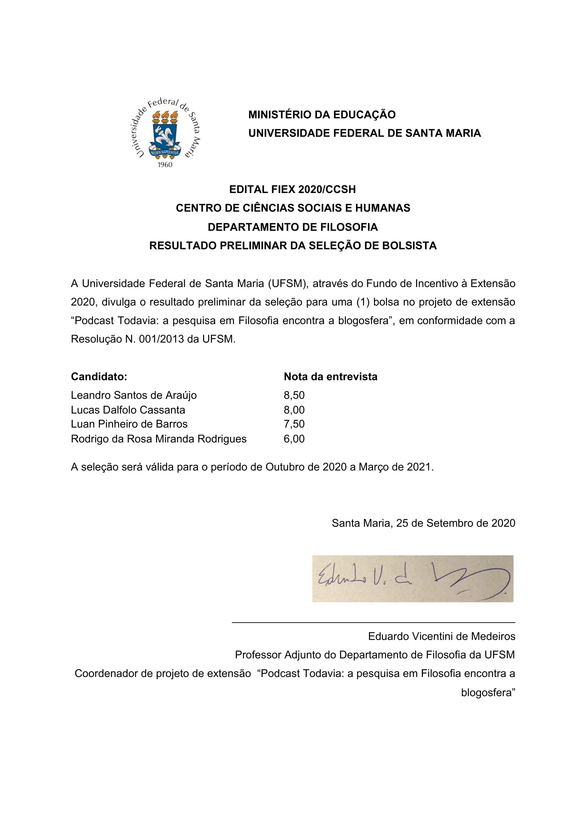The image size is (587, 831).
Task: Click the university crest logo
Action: tap(165, 132)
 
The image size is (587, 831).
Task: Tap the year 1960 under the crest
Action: tap(165, 165)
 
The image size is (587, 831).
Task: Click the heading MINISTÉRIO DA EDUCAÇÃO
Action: tap(322, 115)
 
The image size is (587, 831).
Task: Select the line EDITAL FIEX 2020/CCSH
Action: tap(292, 189)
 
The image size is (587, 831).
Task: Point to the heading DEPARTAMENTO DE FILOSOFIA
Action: tap(292, 227)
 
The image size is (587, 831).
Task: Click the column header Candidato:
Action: tap(99, 377)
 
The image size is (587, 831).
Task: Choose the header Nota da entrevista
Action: tap(330, 377)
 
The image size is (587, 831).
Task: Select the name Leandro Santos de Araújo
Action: tap(134, 395)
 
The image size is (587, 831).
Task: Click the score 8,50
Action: tap(294, 395)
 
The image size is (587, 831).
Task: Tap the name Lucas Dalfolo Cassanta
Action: tap(128, 410)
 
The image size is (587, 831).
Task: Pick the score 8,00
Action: tap(294, 410)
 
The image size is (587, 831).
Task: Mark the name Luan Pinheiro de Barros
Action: tap(129, 424)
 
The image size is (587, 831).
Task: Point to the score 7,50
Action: tap(294, 424)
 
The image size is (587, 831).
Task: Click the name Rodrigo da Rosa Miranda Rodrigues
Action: tap(158, 439)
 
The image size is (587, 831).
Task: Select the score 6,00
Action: tap(294, 439)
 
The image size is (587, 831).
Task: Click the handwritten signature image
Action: tap(412, 579)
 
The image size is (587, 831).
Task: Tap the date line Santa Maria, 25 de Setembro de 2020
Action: tap(423, 523)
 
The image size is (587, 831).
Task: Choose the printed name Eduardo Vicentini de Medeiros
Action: tap(441, 637)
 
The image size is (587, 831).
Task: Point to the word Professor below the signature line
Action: tap(258, 655)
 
